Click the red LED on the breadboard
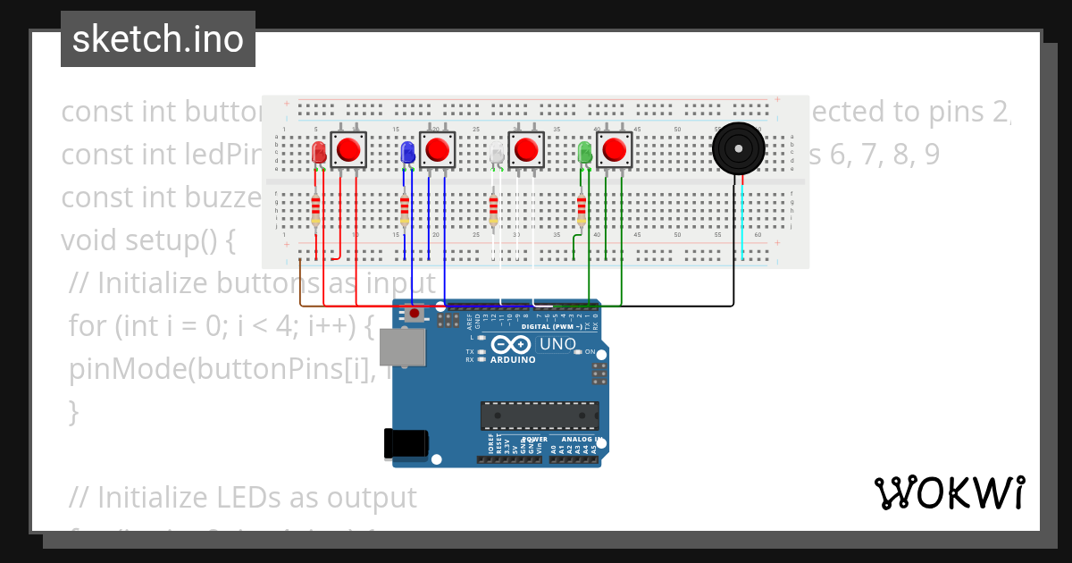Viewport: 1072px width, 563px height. (319, 153)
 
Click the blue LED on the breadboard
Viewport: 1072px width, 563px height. (407, 153)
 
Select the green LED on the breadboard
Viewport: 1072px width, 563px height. (585, 153)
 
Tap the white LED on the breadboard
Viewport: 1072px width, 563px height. (497, 155)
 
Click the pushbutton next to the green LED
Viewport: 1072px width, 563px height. (614, 149)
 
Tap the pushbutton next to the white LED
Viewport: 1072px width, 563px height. (526, 149)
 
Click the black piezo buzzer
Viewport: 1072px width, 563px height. (739, 149)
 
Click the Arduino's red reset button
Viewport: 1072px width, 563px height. (415, 314)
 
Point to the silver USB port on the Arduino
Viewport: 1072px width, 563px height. (402, 348)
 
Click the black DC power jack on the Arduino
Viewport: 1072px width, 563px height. (406, 444)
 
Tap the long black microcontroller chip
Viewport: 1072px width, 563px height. (540, 416)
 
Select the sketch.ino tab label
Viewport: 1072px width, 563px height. (158, 39)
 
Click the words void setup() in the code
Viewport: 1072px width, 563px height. (147, 240)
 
